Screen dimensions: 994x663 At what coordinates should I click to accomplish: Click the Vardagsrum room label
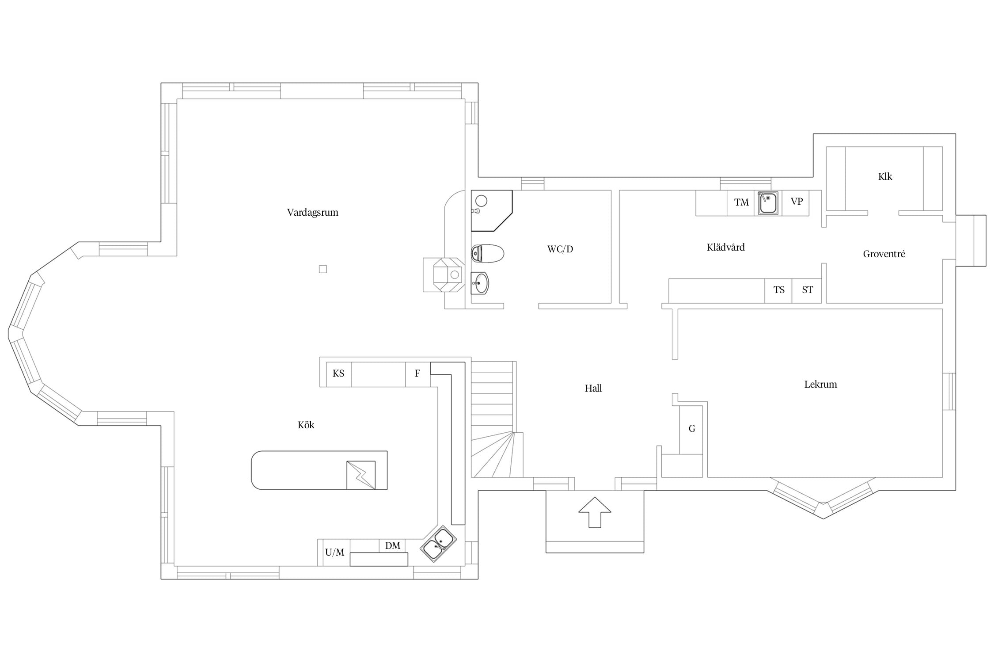(x=312, y=212)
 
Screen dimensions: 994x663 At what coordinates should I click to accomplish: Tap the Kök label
(x=306, y=425)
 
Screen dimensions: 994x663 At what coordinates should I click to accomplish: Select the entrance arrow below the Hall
(x=595, y=512)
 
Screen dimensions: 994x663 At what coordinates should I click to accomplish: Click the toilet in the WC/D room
(x=488, y=254)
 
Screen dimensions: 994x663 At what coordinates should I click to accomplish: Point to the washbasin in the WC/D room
(x=480, y=283)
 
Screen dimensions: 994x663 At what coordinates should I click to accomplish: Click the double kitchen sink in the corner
(x=438, y=544)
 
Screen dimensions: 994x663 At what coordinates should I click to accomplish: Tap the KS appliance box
(x=338, y=374)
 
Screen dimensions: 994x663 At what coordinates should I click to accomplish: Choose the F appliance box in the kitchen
(x=418, y=374)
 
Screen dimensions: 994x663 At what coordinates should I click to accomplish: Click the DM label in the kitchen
(x=392, y=545)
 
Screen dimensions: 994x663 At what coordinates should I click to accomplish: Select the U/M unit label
(x=334, y=552)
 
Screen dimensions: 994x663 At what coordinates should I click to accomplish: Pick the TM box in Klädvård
(x=741, y=203)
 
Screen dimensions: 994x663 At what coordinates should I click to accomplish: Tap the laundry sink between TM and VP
(x=768, y=203)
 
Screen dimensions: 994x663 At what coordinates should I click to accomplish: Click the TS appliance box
(x=778, y=290)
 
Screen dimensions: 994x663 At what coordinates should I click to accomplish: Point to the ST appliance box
(x=807, y=290)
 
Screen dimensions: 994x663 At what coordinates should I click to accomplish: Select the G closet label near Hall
(x=692, y=428)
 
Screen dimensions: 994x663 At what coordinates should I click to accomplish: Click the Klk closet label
(x=885, y=176)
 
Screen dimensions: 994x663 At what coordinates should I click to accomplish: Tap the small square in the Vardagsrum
(x=323, y=269)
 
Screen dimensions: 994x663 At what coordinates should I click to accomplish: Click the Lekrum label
(x=820, y=384)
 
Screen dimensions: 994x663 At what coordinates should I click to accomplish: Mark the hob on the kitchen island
(x=361, y=475)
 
